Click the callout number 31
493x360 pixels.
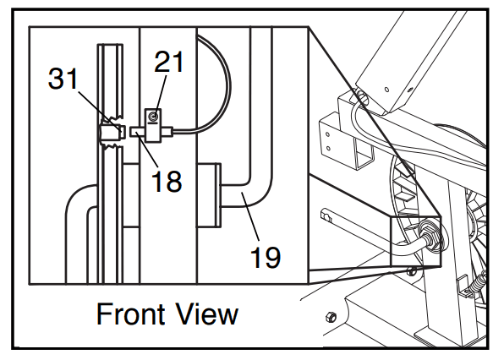[63, 79]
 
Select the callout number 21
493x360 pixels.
[168, 62]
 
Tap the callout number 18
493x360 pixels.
[167, 181]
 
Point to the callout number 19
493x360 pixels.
[265, 257]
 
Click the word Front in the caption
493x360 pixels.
[130, 314]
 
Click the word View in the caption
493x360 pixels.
[206, 314]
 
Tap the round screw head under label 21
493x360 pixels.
[153, 117]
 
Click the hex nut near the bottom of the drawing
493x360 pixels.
[331, 316]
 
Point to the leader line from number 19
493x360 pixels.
[250, 216]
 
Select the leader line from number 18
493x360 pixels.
[147, 150]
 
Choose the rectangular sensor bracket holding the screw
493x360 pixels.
[153, 125]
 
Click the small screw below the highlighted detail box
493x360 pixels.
[411, 271]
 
